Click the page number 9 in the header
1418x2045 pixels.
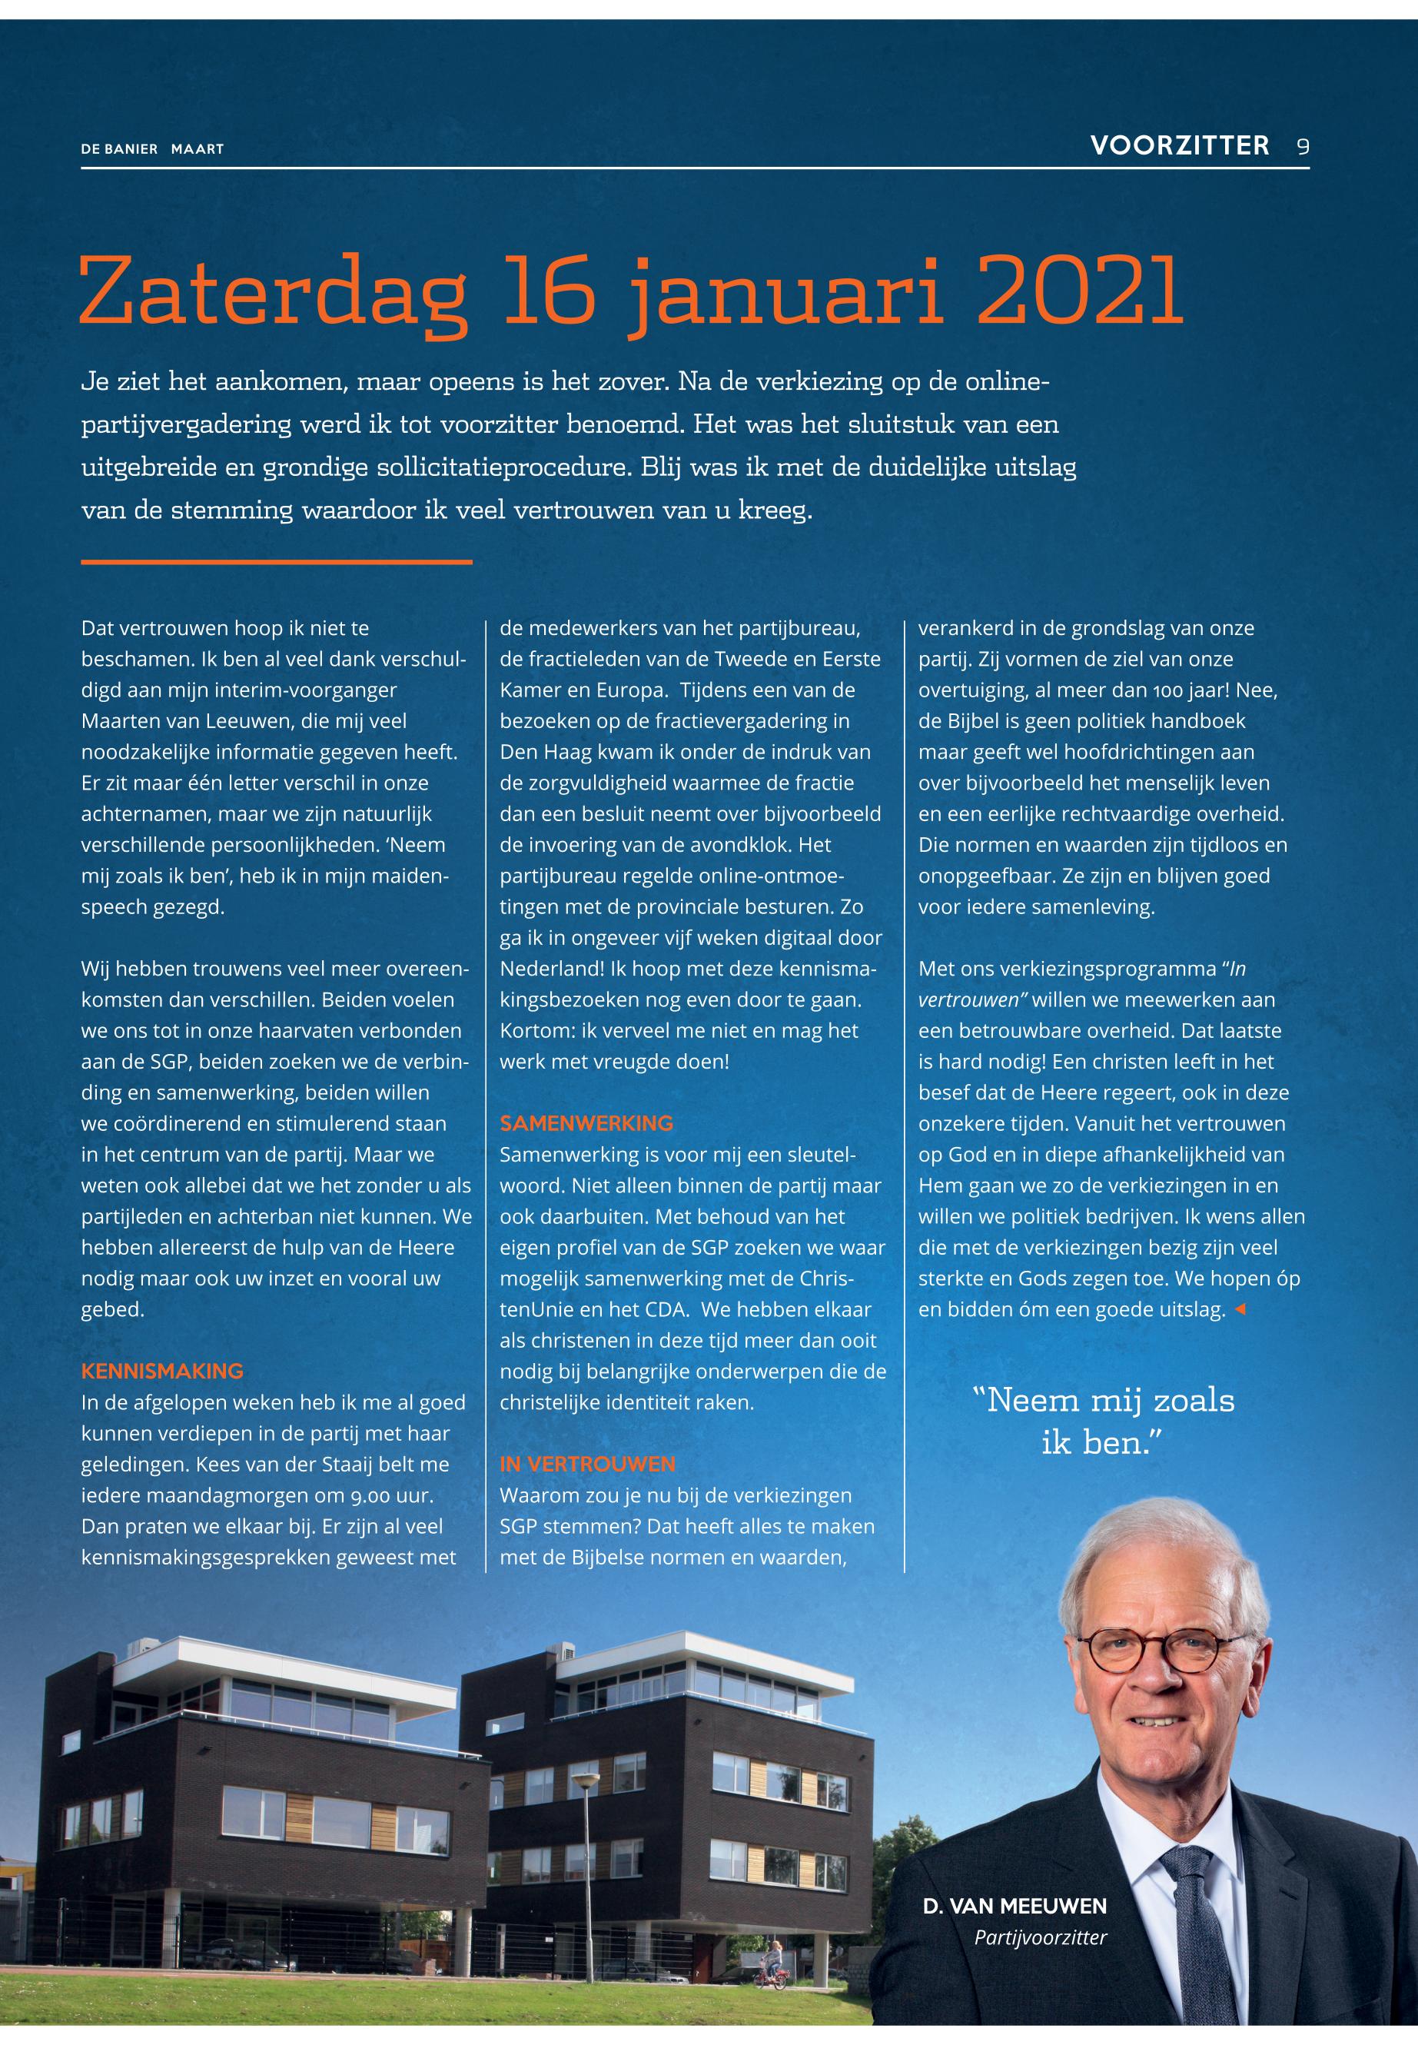[1303, 147]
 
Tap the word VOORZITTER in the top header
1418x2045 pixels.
[1180, 146]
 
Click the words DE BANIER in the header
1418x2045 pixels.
[119, 149]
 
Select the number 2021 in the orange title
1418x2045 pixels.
[1081, 292]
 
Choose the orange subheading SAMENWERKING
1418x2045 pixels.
[586, 1123]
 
